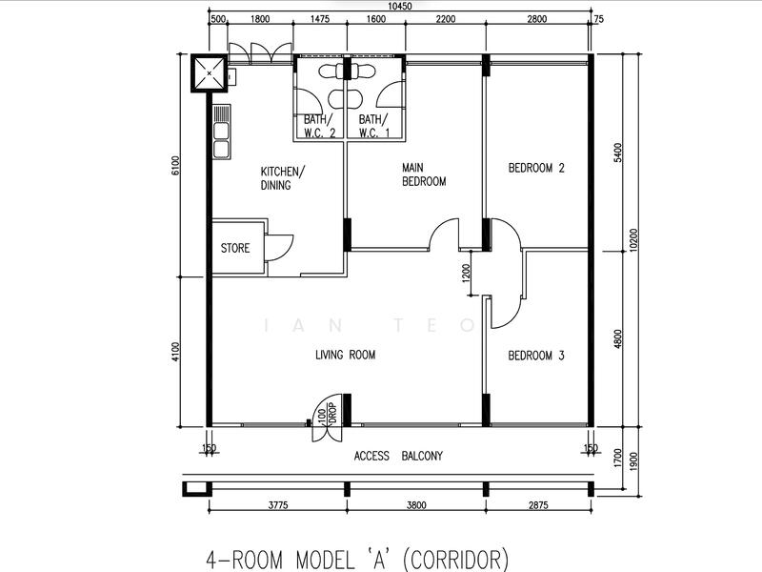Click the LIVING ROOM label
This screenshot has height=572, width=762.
coord(345,355)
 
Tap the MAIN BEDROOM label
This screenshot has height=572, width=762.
coord(423,174)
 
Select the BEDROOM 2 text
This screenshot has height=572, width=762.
coord(536,169)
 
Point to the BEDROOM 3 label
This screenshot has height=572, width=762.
coord(536,356)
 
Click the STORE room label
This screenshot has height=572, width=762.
coord(235,248)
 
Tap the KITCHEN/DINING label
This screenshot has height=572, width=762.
coord(283,178)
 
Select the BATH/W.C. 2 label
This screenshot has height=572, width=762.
coord(320,126)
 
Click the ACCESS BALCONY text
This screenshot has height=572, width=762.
coord(398,456)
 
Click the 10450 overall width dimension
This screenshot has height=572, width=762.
coord(398,7)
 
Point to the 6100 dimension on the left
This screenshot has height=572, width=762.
coord(174,166)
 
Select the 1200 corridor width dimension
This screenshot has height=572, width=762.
coord(466,274)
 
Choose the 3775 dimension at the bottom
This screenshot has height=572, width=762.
coord(276,505)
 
